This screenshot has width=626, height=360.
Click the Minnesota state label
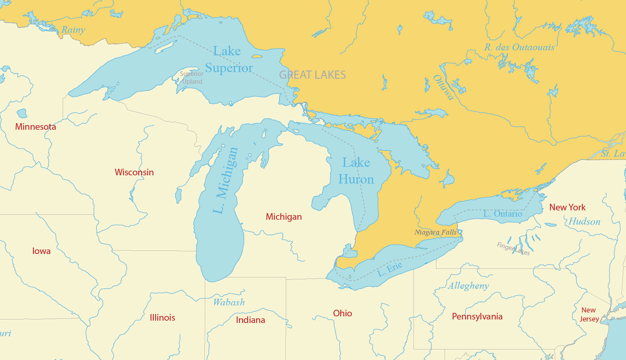(35, 127)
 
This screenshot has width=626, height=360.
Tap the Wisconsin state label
(134, 172)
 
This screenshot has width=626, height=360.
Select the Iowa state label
(41, 251)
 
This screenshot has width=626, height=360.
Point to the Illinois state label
(162, 318)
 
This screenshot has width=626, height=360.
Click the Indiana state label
(250, 320)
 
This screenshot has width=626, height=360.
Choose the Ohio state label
(342, 313)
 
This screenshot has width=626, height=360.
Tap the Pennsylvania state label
(477, 316)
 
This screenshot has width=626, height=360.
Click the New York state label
(567, 207)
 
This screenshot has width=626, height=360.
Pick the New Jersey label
(589, 314)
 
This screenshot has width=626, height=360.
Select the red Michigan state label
(283, 217)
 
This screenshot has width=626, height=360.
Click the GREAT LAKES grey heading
(312, 75)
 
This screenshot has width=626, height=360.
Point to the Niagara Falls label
(435, 232)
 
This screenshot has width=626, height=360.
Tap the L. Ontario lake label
(502, 214)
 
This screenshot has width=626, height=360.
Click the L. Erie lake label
(390, 269)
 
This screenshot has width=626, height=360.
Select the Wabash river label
(229, 302)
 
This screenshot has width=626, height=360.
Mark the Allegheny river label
(468, 286)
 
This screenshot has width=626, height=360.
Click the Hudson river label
(584, 222)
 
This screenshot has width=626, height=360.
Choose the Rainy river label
(73, 30)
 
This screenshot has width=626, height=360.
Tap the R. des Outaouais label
(519, 48)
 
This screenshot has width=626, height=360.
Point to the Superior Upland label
(192, 78)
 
